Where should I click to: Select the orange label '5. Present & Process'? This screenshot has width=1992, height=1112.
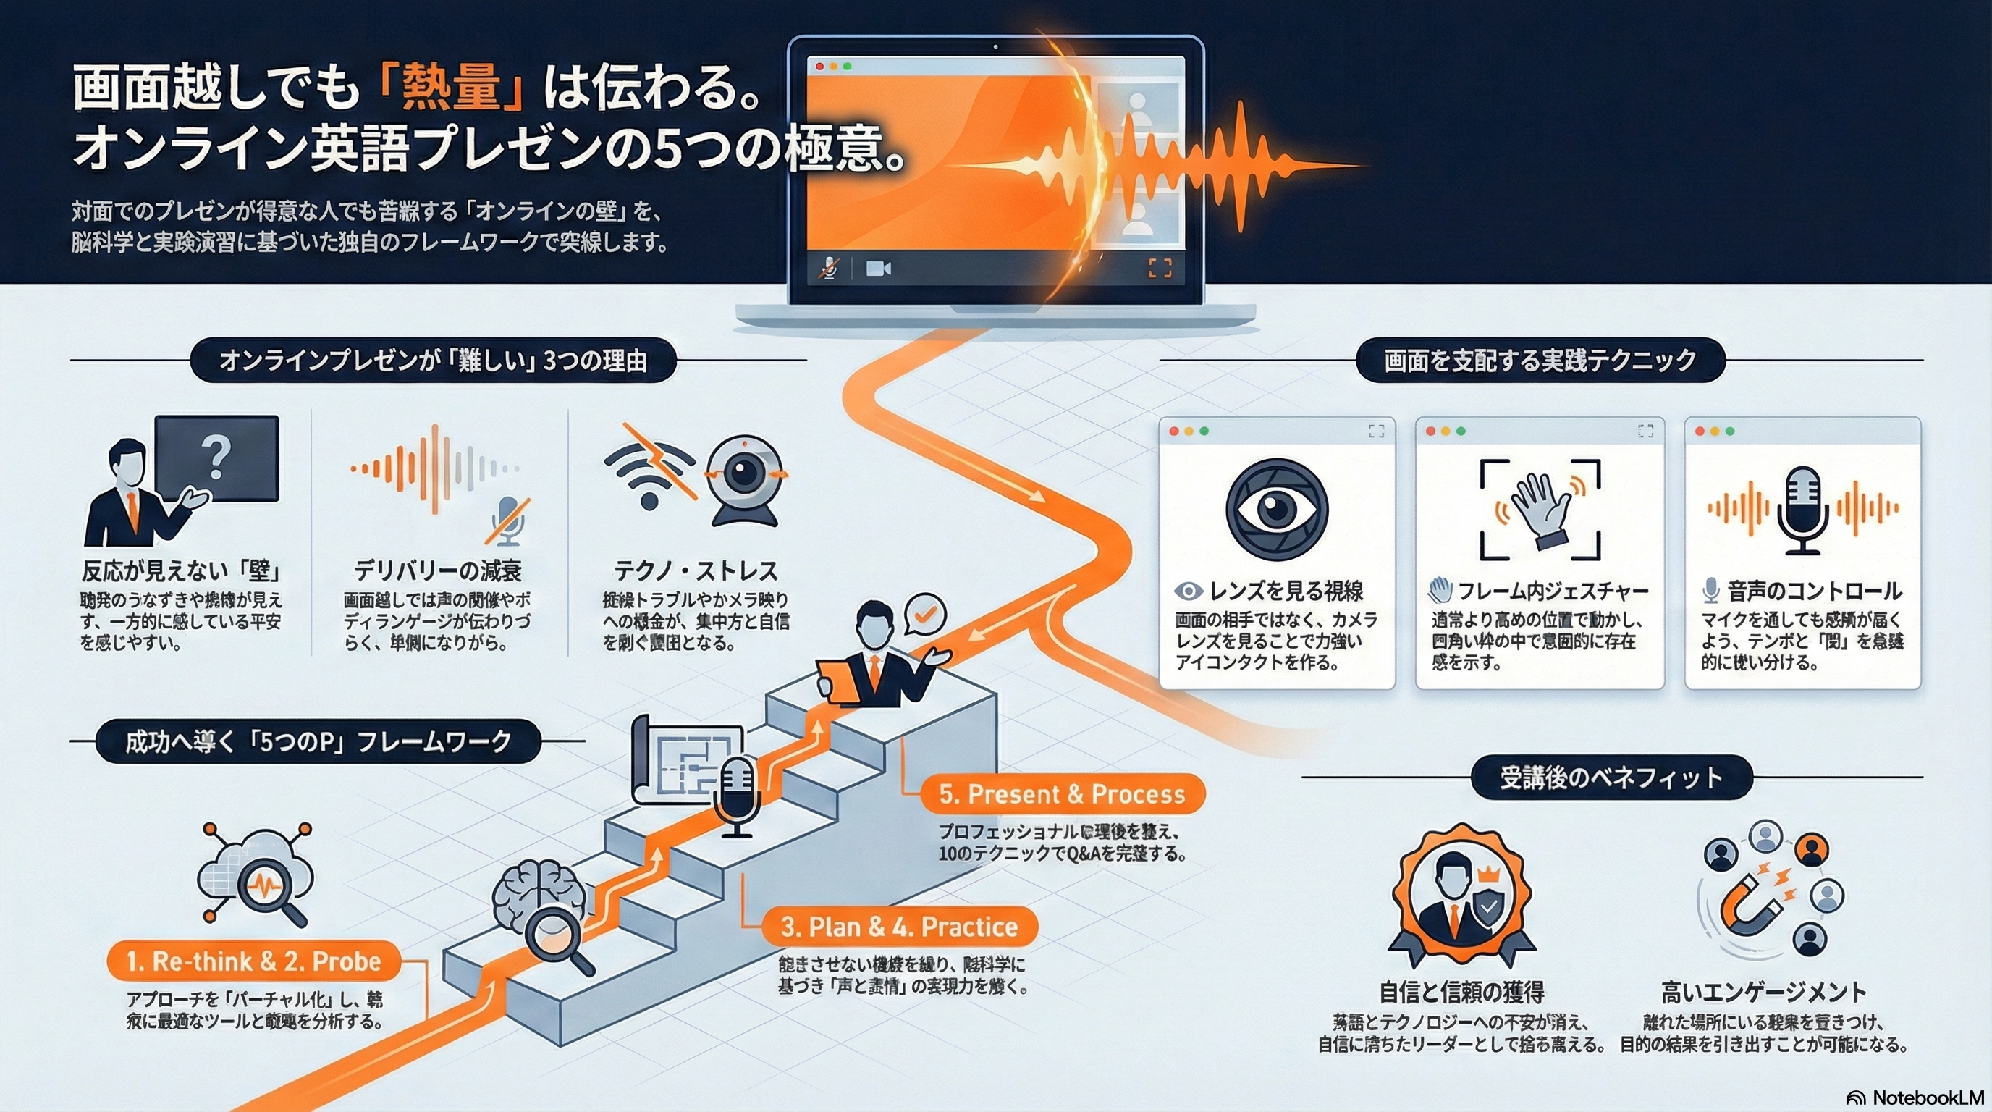[1062, 794]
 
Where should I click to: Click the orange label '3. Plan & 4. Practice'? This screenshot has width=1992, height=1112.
[898, 927]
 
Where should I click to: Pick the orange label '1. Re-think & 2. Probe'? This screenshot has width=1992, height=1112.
[253, 961]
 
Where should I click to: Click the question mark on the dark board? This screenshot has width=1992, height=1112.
[216, 458]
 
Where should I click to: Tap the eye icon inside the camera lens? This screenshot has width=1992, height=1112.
[1277, 509]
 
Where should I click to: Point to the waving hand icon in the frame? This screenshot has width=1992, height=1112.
[1540, 508]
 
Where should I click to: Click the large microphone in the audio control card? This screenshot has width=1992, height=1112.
[1802, 509]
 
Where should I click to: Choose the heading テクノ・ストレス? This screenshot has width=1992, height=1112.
[695, 570]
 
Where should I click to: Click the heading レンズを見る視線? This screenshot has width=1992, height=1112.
[1286, 591]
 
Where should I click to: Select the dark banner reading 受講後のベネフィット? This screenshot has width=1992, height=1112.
[1611, 777]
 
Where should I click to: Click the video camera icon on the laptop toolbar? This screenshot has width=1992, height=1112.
[878, 269]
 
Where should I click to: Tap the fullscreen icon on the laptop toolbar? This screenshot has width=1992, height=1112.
[1159, 269]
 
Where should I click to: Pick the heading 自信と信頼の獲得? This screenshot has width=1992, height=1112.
[1461, 991]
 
